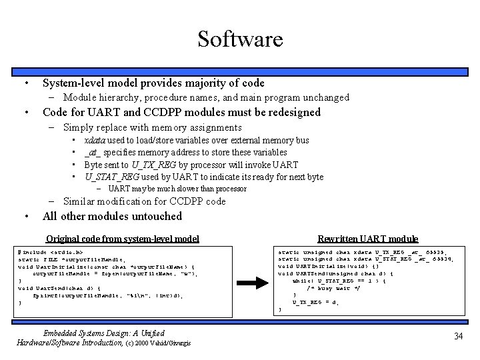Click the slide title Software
240,39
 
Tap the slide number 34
457,337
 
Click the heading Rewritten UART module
367,238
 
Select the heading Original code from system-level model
122,238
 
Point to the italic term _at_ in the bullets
93,153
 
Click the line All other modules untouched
112,216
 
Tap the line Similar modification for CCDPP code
144,201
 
